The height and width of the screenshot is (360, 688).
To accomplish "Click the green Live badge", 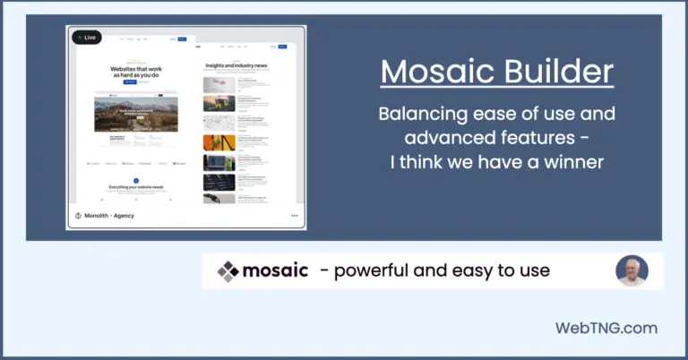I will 87,38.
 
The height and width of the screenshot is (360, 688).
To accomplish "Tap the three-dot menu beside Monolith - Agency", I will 294,216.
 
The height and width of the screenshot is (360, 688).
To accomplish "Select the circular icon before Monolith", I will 78,216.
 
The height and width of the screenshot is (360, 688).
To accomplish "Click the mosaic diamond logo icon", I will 228,270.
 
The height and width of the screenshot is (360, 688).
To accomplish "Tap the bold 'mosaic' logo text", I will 276,270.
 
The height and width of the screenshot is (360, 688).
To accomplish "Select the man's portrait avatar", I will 632,270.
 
